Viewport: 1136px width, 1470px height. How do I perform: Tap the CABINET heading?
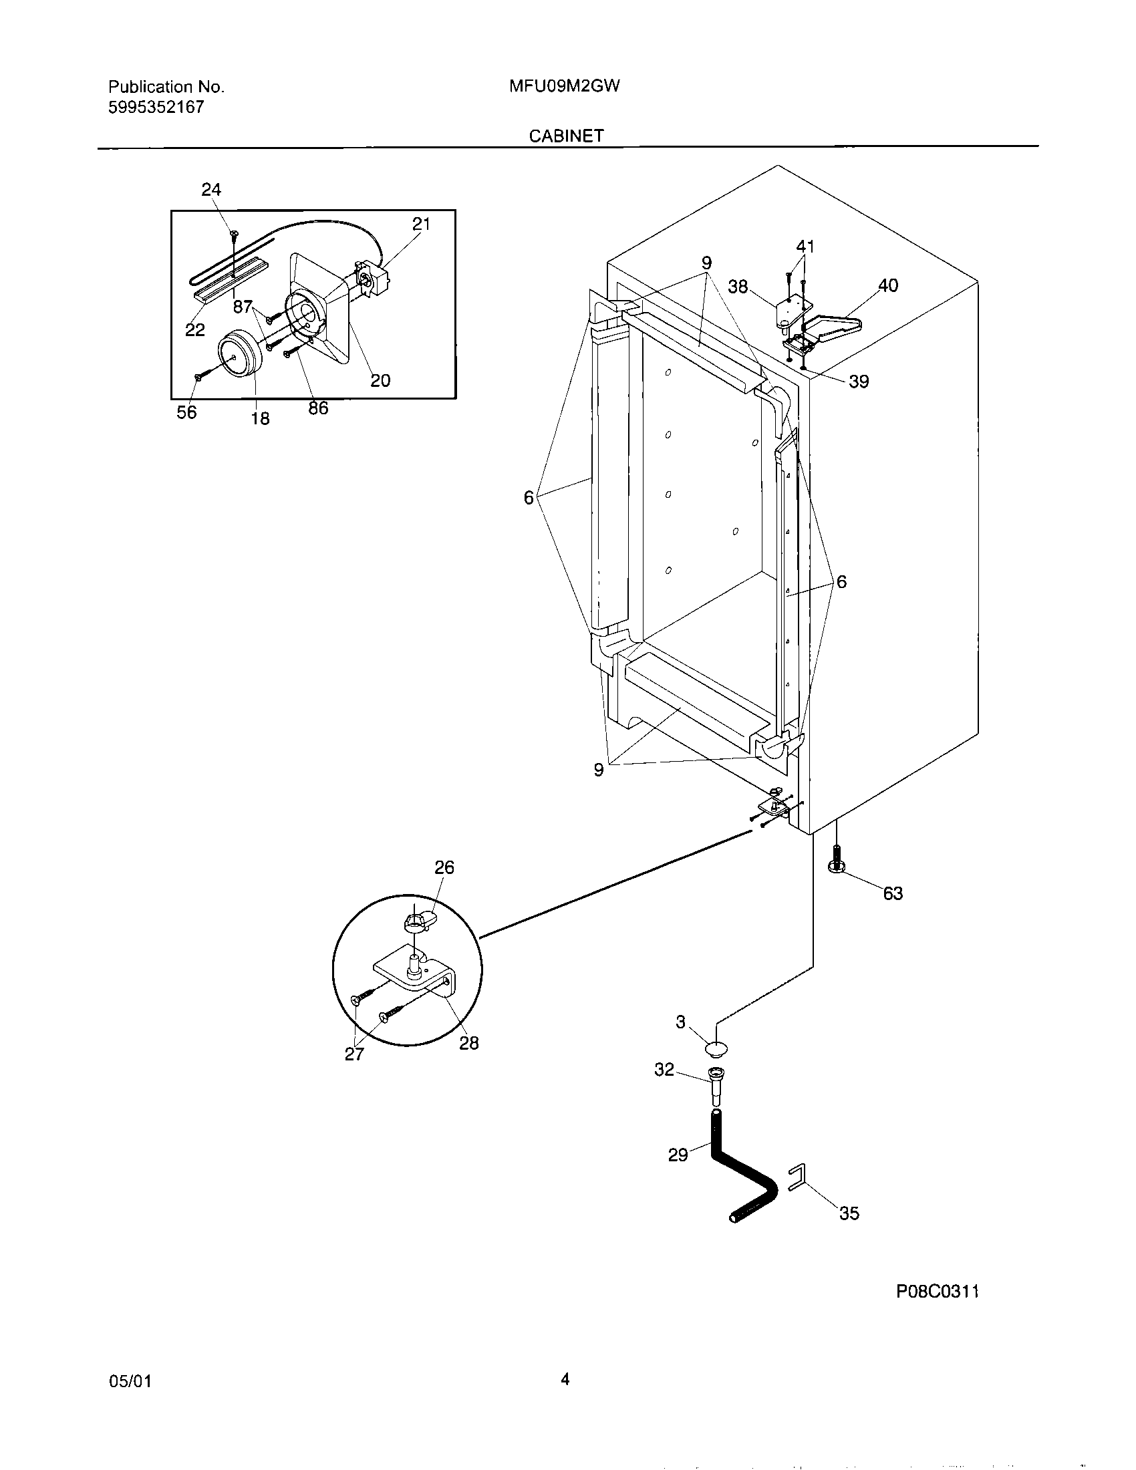tap(566, 135)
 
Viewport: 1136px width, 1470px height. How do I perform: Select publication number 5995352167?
tap(156, 107)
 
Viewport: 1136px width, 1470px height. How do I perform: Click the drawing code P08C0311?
tap(937, 1291)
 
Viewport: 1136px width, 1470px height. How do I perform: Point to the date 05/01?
tap(130, 1380)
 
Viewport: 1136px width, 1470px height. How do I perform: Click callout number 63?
tap(892, 893)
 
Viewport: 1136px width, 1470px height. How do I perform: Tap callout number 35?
tap(849, 1213)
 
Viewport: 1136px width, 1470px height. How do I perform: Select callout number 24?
tap(211, 190)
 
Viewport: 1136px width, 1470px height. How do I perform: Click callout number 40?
tap(887, 285)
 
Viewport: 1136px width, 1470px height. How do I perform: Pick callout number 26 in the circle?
tap(444, 867)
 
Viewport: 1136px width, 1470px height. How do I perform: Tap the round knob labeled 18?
tap(239, 352)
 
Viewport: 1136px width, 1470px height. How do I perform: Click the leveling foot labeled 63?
tap(837, 863)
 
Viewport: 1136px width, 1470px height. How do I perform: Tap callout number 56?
tap(186, 412)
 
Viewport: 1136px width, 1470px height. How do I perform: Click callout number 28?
tap(468, 1042)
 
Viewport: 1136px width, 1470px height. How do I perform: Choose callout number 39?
tap(859, 382)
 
